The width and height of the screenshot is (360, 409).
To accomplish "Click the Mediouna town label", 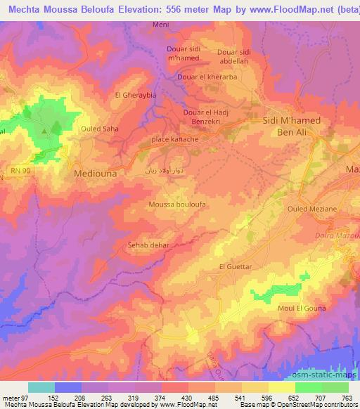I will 96,171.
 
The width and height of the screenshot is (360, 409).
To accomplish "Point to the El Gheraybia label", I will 134,94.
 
